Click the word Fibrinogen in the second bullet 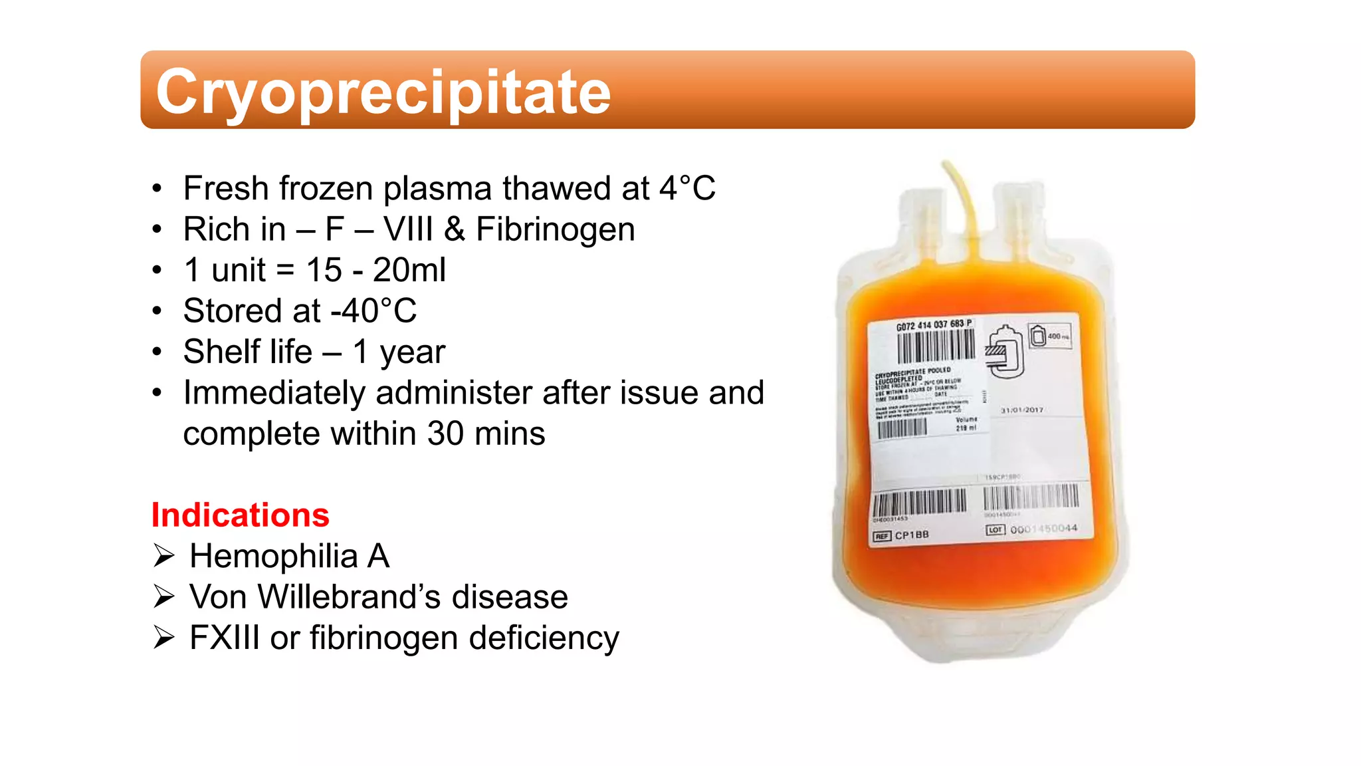555,229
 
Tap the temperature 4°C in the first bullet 687,188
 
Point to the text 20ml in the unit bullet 409,270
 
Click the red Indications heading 240,515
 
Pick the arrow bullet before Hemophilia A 163,556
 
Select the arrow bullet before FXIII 163,638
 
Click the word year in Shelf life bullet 412,352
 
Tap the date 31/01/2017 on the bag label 1022,410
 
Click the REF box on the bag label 882,536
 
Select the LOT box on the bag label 995,530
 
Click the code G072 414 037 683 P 934,324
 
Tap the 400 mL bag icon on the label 1049,336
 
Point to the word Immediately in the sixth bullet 274,393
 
